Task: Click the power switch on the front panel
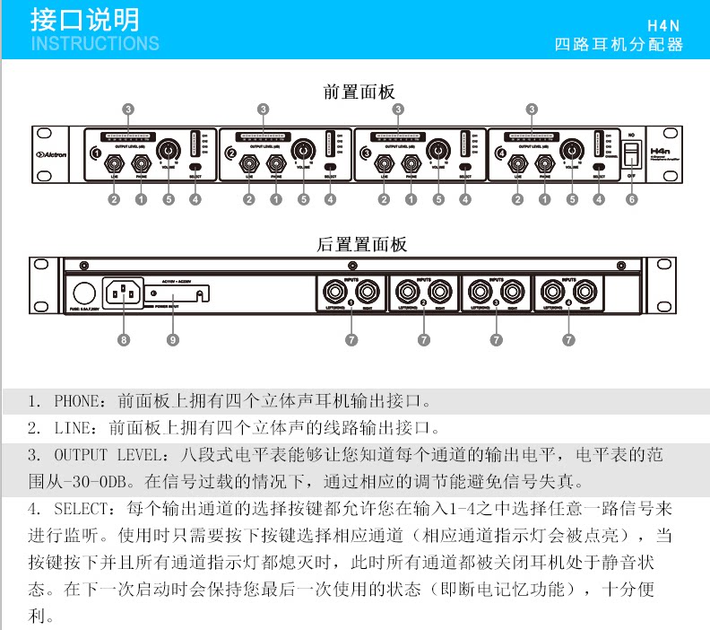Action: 632,154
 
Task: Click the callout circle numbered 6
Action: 632,200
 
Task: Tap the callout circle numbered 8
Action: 125,340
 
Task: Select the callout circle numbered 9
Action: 173,340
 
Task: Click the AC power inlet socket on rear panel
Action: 125,293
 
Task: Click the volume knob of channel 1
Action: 168,150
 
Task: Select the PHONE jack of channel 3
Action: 411,164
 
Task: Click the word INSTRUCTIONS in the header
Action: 95,43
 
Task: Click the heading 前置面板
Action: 359,92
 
